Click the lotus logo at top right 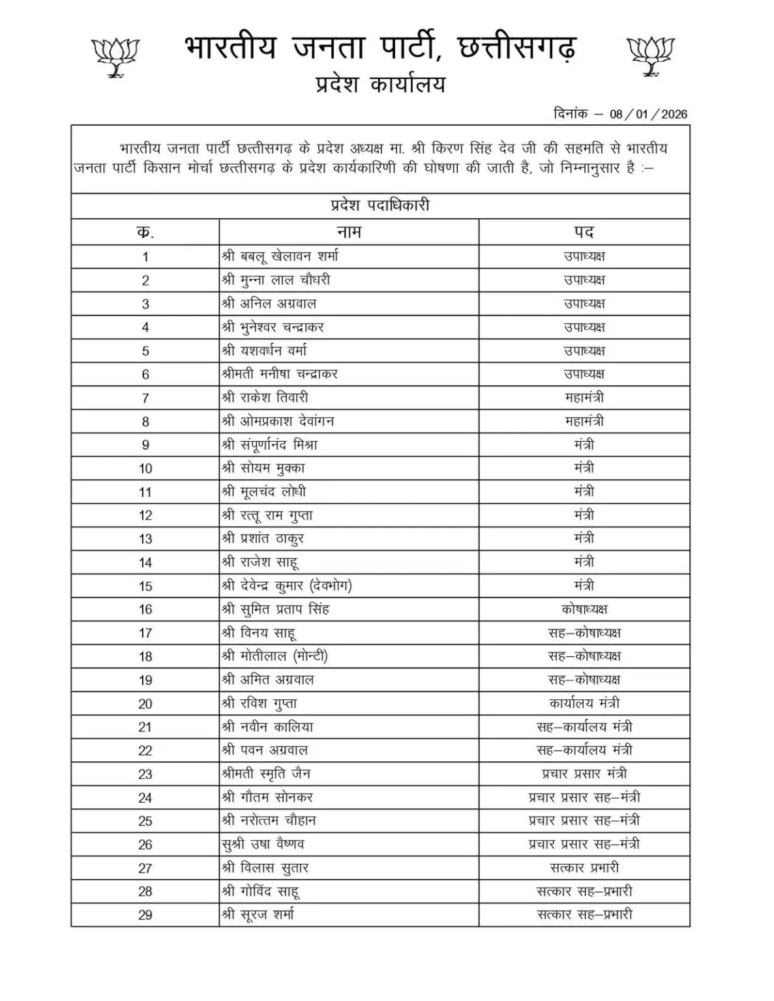(650, 55)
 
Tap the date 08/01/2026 (648, 114)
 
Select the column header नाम (349, 231)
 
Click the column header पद (584, 231)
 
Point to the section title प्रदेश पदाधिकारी (380, 206)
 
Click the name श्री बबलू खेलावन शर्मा (280, 256)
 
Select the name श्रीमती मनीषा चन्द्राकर (279, 374)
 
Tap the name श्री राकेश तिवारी (265, 398)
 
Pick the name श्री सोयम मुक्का (263, 468)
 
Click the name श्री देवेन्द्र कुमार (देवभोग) (286, 585)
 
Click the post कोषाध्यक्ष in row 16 (584, 609)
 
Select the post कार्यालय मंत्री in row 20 (584, 703)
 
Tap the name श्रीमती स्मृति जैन (265, 774)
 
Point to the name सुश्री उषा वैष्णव (263, 844)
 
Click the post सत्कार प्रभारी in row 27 (584, 867)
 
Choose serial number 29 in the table (145, 915)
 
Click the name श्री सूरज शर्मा (258, 914)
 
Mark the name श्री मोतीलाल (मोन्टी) (275, 656)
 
